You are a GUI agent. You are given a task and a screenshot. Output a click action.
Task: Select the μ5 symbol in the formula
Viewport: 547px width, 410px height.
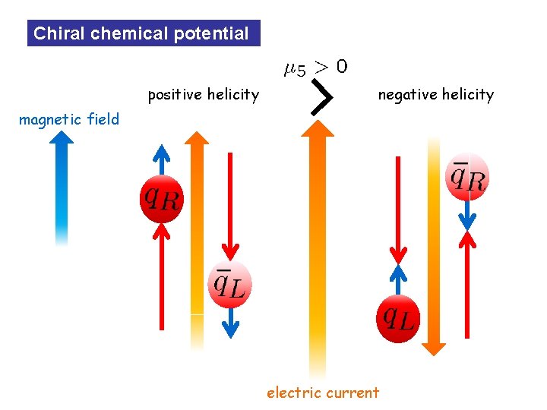294,71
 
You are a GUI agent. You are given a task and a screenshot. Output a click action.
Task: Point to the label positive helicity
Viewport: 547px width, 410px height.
203,95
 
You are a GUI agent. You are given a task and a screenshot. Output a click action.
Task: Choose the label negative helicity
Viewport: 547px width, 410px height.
436,95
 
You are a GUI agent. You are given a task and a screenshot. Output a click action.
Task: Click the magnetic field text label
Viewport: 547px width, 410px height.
69,119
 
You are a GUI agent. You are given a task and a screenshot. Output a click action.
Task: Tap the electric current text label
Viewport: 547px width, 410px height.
322,393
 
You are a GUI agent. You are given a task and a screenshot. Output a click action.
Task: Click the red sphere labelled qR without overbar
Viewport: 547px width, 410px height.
161,199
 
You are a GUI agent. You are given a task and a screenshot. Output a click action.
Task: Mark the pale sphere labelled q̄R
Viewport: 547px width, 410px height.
467,177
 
